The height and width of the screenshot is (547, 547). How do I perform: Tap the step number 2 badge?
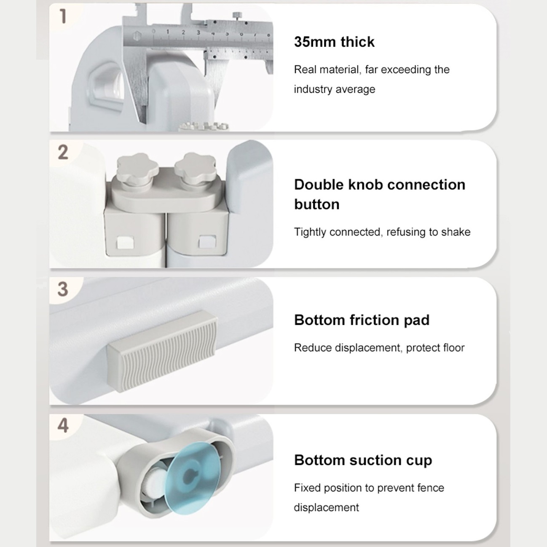(63, 153)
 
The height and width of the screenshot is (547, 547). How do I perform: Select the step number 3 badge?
(63, 289)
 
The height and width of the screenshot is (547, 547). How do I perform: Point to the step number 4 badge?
(63, 426)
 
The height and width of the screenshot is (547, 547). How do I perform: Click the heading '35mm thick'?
(334, 42)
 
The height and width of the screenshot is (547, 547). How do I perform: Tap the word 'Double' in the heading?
(319, 185)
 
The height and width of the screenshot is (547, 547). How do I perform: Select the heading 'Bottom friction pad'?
(362, 320)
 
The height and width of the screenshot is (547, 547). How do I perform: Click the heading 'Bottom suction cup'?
(363, 460)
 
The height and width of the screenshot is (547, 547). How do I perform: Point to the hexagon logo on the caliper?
(137, 36)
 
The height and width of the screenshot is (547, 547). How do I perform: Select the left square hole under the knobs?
(126, 242)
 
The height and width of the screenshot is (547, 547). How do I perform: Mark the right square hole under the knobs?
(207, 241)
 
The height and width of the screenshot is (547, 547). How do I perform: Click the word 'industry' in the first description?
(312, 89)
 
